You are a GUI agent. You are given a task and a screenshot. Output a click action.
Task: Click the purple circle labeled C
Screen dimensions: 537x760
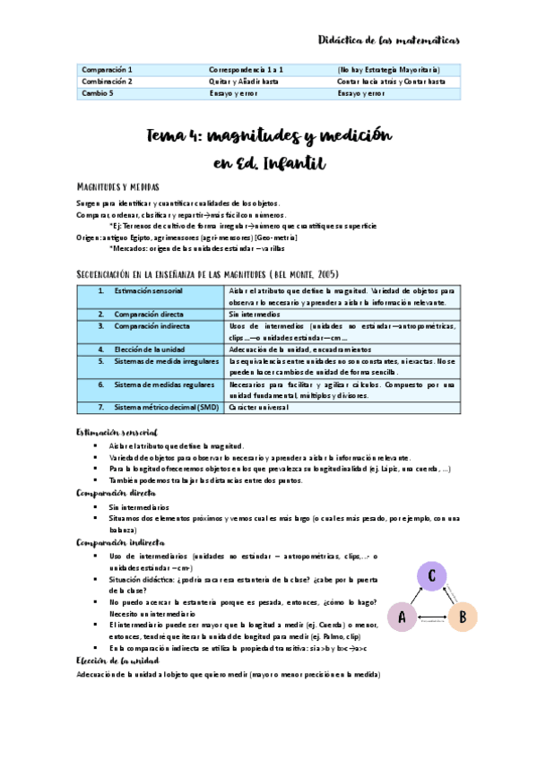click(x=431, y=577)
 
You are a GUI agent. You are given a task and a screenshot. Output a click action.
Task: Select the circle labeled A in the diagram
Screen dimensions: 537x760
click(x=402, y=617)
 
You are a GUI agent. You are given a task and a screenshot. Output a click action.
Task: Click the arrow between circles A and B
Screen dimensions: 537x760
click(x=431, y=619)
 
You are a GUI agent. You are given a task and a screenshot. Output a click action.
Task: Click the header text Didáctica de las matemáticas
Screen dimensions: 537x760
click(x=389, y=40)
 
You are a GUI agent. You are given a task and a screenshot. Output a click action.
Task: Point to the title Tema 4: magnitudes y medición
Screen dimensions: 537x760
click(x=269, y=135)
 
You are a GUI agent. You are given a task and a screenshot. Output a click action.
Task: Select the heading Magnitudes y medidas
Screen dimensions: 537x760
click(x=118, y=187)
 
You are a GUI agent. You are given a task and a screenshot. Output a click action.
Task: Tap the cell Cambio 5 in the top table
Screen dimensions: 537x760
click(x=99, y=91)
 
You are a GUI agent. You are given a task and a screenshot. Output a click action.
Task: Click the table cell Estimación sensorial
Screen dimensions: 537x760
click(x=148, y=291)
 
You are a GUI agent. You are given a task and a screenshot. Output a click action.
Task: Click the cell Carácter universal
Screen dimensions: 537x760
click(x=258, y=407)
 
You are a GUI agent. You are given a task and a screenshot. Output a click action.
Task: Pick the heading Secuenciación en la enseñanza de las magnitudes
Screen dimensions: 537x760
click(x=207, y=272)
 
